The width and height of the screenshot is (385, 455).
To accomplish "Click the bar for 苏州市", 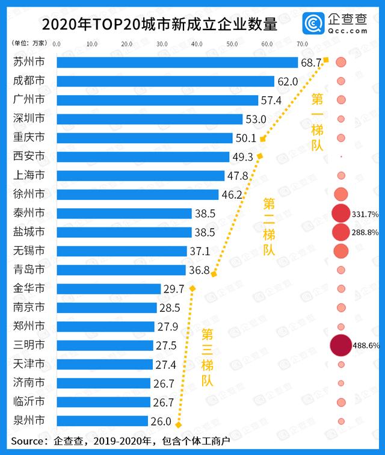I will click(177, 63).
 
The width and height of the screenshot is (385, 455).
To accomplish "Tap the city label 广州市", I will click(29, 100).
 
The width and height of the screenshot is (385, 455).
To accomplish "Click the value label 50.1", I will click(245, 138).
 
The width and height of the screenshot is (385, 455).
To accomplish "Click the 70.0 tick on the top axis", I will click(302, 44).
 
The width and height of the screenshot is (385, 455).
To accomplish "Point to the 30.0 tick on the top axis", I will click(162, 44).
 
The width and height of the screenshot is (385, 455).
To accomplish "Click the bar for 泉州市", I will click(102, 421).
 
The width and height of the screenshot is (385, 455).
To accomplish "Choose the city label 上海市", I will click(29, 176).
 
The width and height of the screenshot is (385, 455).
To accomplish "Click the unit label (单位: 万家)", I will click(29, 44).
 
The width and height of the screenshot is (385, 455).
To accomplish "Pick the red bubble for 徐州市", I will click(341, 194).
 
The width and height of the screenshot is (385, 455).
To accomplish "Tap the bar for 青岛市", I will click(121, 270).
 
